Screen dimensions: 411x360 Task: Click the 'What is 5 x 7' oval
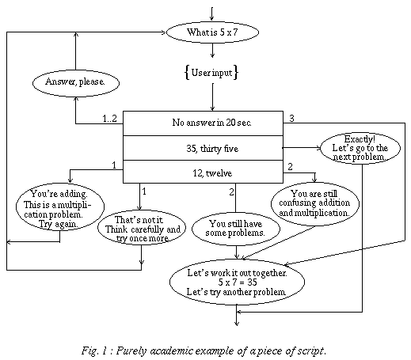point(212,32)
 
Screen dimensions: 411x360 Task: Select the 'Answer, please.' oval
point(76,83)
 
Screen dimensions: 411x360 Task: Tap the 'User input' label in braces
point(211,73)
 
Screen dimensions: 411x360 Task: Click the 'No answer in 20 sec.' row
point(203,123)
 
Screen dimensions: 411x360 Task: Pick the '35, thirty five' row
point(203,148)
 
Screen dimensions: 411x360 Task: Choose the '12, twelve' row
point(203,172)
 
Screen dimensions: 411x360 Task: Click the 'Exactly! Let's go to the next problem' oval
point(360,148)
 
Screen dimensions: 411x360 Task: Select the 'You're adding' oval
point(60,207)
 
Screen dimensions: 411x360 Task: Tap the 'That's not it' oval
point(142,228)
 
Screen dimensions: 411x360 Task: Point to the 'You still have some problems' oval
point(236,229)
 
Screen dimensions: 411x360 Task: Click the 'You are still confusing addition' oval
point(315,204)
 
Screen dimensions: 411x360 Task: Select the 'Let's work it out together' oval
point(237,282)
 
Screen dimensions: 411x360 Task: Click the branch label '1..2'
point(110,119)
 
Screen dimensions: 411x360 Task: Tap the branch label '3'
point(291,119)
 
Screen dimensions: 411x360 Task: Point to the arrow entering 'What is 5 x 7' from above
point(211,14)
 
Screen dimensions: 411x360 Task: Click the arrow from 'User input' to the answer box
point(212,97)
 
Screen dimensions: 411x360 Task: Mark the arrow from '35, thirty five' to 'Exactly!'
point(302,148)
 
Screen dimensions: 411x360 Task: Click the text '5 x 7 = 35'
point(238,282)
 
